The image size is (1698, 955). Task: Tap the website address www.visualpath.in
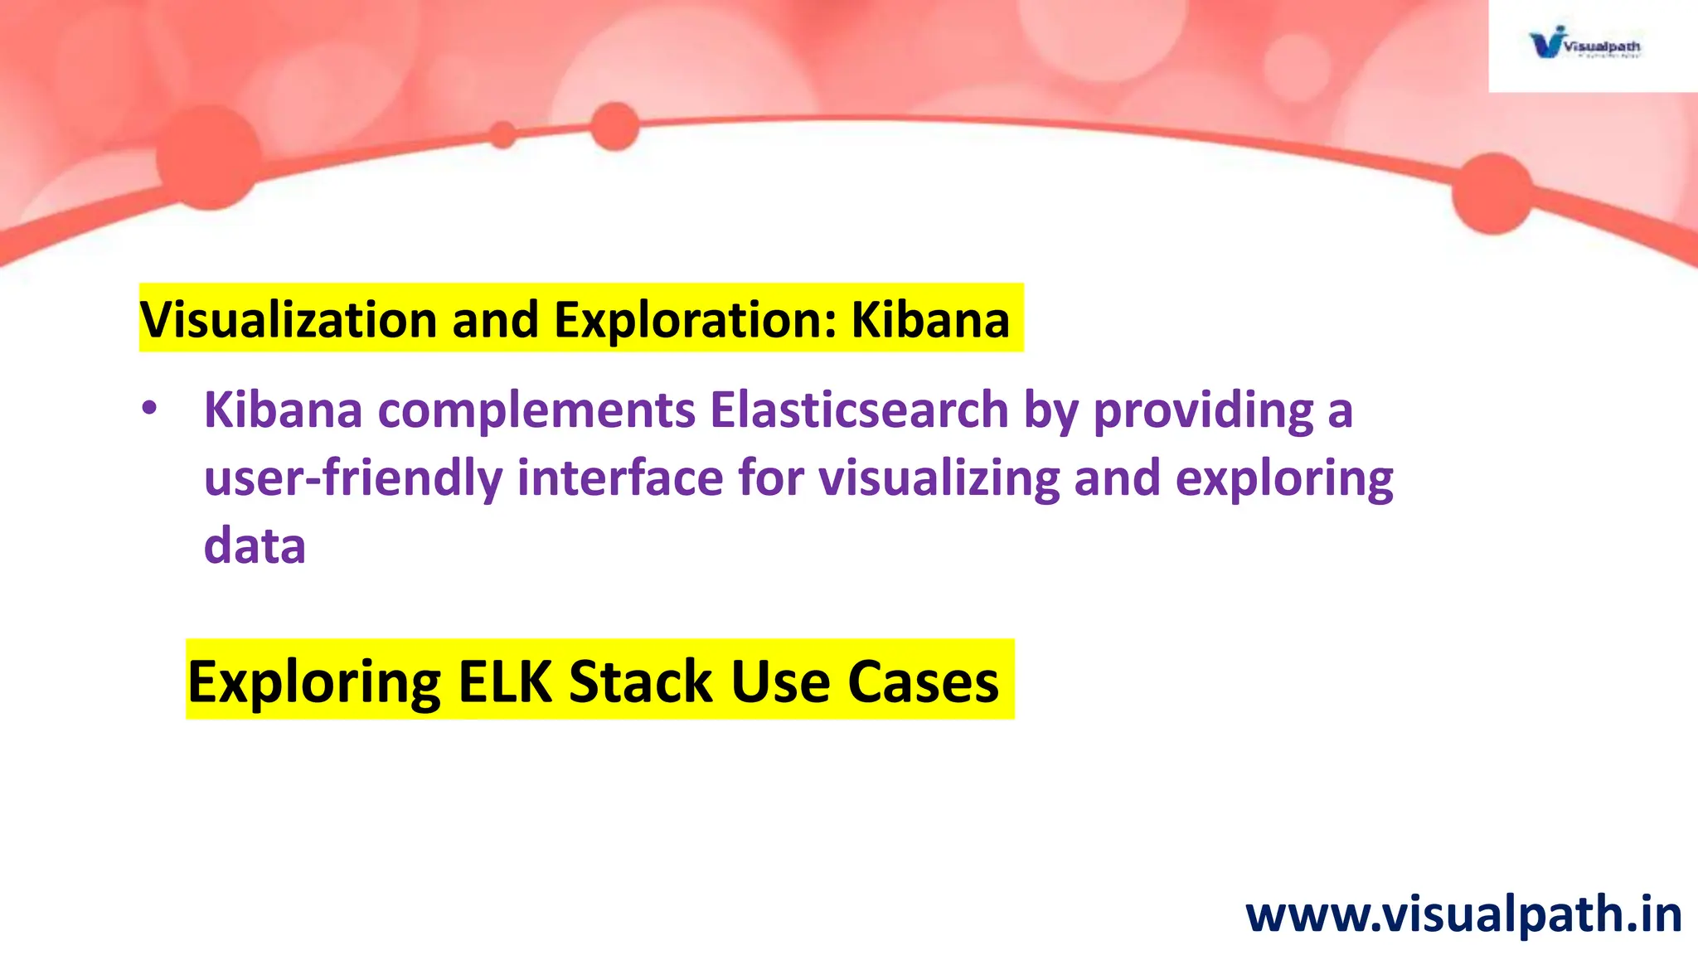pyautogui.click(x=1463, y=914)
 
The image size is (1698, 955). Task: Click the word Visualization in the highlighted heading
pyautogui.click(x=288, y=319)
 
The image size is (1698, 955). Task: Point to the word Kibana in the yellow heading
pyautogui.click(x=930, y=319)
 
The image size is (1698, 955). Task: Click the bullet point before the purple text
pyautogui.click(x=148, y=409)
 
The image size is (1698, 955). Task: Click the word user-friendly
pyautogui.click(x=353, y=478)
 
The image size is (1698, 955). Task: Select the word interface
pyautogui.click(x=620, y=478)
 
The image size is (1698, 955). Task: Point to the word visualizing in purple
pyautogui.click(x=939, y=478)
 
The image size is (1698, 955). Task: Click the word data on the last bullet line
pyautogui.click(x=255, y=546)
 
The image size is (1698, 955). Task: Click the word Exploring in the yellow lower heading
pyautogui.click(x=314, y=681)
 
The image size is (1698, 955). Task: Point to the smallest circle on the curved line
pyautogui.click(x=502, y=134)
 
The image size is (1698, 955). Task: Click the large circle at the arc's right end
pyautogui.click(x=1492, y=194)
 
